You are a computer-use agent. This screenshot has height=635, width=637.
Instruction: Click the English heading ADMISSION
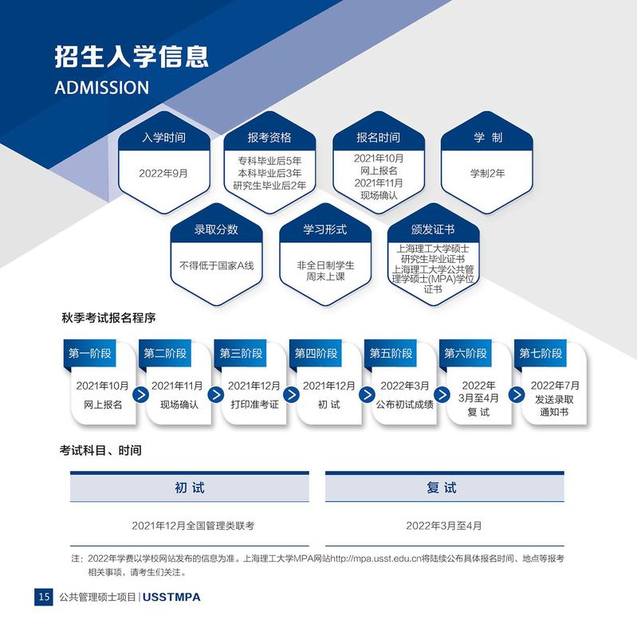(x=102, y=88)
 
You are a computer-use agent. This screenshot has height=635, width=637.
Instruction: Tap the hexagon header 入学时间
(x=163, y=138)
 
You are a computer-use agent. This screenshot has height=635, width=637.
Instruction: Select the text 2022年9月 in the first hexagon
(x=163, y=174)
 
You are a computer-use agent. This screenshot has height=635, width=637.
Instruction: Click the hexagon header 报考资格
(x=269, y=138)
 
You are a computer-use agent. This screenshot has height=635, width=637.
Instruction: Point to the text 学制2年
(x=487, y=174)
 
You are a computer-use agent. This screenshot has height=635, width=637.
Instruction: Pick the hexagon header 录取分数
(x=216, y=229)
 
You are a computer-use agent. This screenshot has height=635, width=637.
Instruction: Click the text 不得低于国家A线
(x=217, y=265)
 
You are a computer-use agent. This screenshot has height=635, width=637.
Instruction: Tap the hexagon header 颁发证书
(x=433, y=229)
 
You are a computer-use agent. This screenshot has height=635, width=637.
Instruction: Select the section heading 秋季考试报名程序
(x=108, y=317)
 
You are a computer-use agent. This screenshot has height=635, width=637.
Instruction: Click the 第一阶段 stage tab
(x=90, y=353)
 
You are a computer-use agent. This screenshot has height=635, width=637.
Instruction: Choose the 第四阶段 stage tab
(x=316, y=353)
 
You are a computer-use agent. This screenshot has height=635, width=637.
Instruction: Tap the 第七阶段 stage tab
(x=541, y=353)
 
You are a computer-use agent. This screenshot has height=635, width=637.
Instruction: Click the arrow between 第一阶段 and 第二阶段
(x=140, y=394)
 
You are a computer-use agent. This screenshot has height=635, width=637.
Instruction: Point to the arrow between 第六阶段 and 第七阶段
(x=517, y=394)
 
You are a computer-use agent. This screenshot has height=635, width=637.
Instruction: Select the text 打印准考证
(x=254, y=405)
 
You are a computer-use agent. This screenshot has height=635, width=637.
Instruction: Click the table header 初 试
(x=189, y=488)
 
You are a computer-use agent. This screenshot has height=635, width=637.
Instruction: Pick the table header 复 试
(x=442, y=488)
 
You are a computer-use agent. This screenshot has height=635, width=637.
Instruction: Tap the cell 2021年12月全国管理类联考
(x=193, y=526)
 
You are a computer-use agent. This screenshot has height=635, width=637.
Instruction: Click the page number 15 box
(x=44, y=597)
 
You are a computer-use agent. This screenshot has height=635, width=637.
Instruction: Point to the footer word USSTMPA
(x=171, y=598)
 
